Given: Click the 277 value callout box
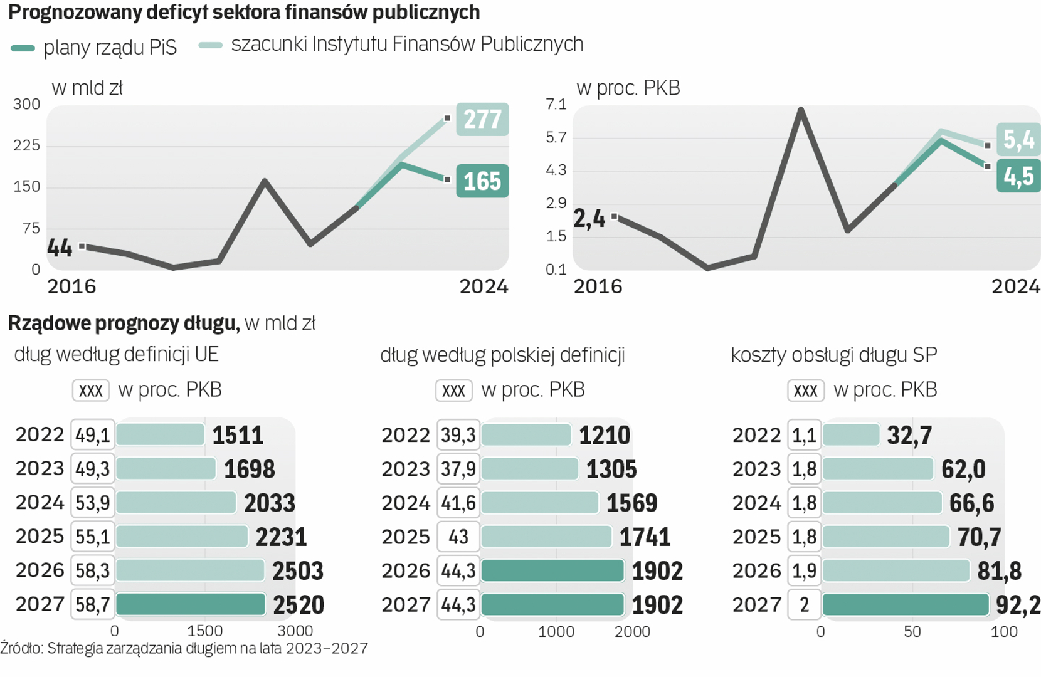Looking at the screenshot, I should click(x=482, y=119).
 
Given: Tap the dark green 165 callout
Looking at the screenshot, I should click(x=482, y=181).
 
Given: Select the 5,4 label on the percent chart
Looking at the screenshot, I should click(x=1018, y=139).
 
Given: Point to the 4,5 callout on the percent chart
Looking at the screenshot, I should click(x=1018, y=176).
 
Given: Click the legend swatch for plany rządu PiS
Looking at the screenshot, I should click(x=23, y=48).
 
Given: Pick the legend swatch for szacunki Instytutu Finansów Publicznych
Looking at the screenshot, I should click(x=211, y=45).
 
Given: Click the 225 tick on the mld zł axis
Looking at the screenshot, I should click(x=26, y=145).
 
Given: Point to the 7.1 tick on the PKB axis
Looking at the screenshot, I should click(x=556, y=104).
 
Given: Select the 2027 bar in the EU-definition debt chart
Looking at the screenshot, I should click(x=191, y=604).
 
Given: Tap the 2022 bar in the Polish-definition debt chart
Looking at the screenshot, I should click(x=526, y=435).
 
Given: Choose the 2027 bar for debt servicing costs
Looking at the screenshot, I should click(x=906, y=604).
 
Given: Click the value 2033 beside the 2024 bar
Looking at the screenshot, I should click(x=270, y=503).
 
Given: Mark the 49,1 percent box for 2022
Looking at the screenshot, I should click(x=93, y=435).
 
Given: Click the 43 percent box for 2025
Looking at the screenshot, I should click(x=458, y=537).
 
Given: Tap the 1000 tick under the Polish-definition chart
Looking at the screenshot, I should click(x=556, y=632).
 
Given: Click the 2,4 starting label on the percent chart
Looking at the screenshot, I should click(x=589, y=219).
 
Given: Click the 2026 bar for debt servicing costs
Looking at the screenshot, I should click(x=896, y=570).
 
